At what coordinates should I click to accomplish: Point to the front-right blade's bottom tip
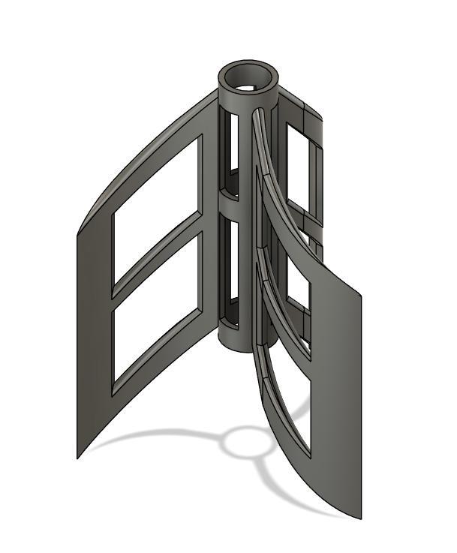point(359,518)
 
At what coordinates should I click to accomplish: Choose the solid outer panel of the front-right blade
point(338,390)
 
